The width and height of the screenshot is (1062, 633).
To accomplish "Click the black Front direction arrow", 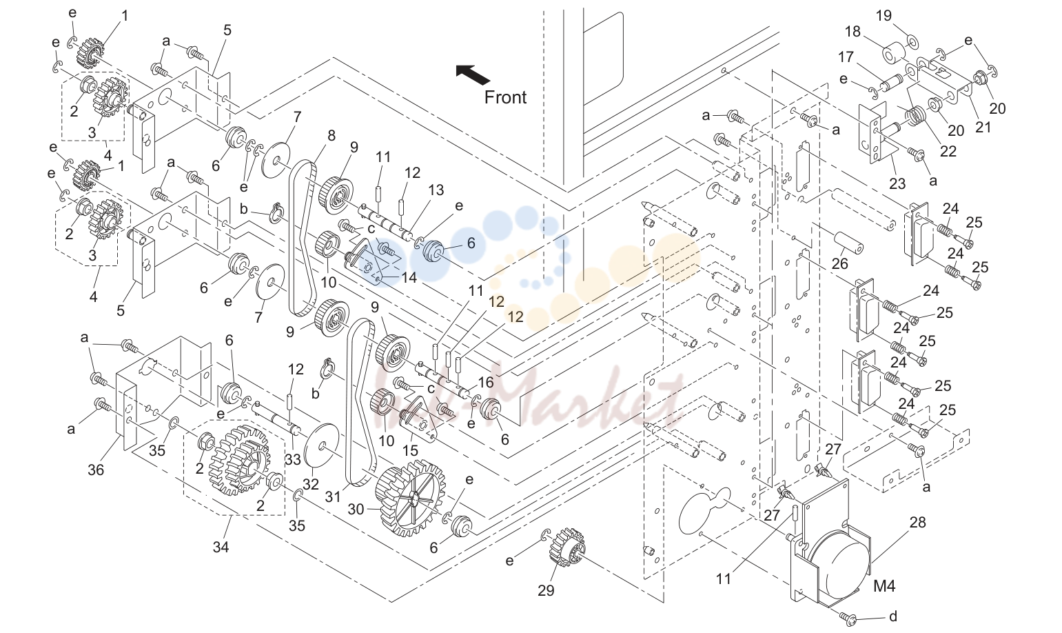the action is (x=473, y=75).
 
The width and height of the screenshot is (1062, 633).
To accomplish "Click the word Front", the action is (x=505, y=97).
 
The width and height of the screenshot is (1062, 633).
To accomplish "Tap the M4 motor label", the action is (x=884, y=586).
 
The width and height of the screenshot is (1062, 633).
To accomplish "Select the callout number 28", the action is (x=917, y=523).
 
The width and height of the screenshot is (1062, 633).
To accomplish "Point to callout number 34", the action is (x=221, y=547).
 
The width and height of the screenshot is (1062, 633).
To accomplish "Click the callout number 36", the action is (x=96, y=470).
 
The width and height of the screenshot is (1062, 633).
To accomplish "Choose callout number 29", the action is (x=546, y=590).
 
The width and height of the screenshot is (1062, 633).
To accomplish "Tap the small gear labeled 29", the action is (x=566, y=549).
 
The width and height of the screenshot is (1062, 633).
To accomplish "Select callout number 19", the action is (x=884, y=16).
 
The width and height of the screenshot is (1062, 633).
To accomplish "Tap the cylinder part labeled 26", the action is (x=848, y=243).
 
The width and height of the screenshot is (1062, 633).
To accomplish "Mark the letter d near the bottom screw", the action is (x=893, y=617).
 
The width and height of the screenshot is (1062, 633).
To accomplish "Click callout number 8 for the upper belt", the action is (x=331, y=136).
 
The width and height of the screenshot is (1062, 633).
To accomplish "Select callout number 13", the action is (x=436, y=190).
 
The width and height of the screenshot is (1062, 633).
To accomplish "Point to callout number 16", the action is (x=485, y=382).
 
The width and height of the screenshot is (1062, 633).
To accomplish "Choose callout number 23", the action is (x=897, y=183).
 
